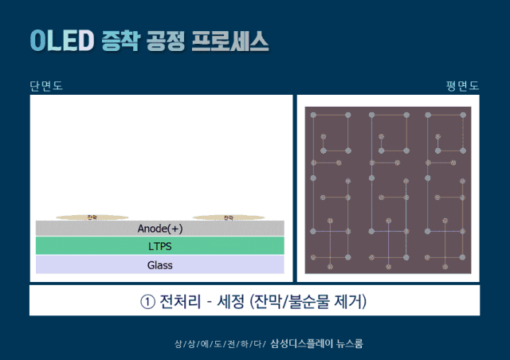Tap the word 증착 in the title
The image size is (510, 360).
119,40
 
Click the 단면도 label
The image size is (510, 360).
45,86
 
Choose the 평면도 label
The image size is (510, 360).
462,86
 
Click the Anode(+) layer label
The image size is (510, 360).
160,228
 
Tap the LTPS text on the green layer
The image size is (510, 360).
160,246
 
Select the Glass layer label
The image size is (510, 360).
160,265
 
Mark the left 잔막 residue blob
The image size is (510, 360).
92,217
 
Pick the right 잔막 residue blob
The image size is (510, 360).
229,217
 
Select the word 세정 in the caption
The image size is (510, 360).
229,303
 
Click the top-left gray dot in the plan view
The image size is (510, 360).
314,116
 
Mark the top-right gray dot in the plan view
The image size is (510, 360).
462,116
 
